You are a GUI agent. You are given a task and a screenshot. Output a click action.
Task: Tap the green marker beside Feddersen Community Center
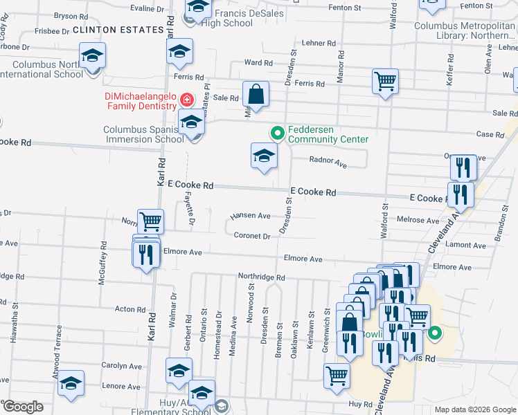[277, 133]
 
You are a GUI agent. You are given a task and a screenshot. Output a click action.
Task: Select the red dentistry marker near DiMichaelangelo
[186, 100]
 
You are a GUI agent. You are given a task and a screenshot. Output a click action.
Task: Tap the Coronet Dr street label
[251, 236]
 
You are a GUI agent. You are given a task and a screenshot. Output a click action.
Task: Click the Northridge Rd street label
[261, 277]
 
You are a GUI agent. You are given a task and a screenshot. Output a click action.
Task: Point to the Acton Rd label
[129, 309]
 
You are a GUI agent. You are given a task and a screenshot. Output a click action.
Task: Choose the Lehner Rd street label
[319, 43]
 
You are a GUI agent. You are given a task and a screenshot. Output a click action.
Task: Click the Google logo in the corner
[23, 406]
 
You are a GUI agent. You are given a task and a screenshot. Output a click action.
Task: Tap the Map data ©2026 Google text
[475, 409]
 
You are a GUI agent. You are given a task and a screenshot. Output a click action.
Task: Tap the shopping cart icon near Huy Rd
[337, 376]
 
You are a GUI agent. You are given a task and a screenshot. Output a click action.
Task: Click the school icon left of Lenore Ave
[71, 384]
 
